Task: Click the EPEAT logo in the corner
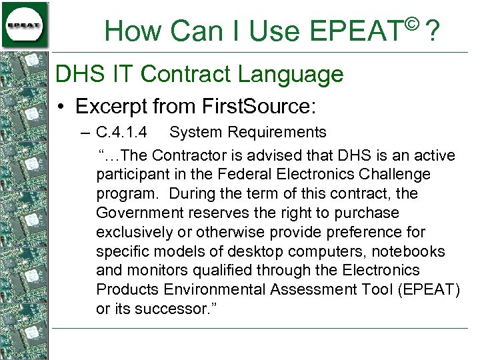click(x=25, y=25)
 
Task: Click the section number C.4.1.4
click(x=121, y=133)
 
